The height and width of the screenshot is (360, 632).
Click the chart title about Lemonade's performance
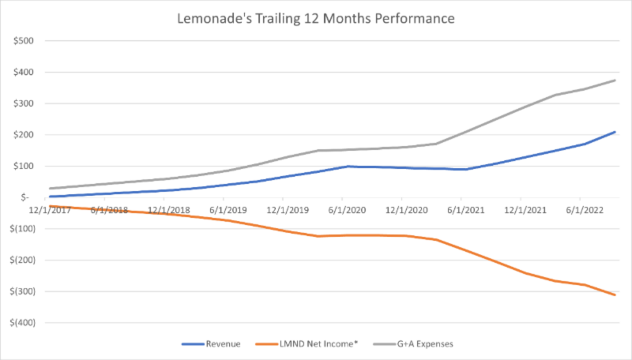pyautogui.click(x=316, y=17)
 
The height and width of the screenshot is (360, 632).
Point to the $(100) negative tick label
pyautogui.click(x=28, y=229)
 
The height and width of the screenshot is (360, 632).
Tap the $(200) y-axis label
pyautogui.click(x=28, y=260)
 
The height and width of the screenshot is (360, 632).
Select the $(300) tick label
pyautogui.click(x=28, y=291)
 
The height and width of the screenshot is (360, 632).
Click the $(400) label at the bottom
pyautogui.click(x=28, y=323)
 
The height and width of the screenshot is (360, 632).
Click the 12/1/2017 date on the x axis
pyautogui.click(x=49, y=209)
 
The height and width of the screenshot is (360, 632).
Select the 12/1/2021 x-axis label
pyautogui.click(x=520, y=209)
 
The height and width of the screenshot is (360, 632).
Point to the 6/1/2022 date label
pyautogui.click(x=579, y=209)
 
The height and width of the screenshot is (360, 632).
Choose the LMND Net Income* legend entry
pyautogui.click(x=314, y=344)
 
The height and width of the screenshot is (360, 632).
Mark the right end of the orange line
pyautogui.click(x=615, y=294)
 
